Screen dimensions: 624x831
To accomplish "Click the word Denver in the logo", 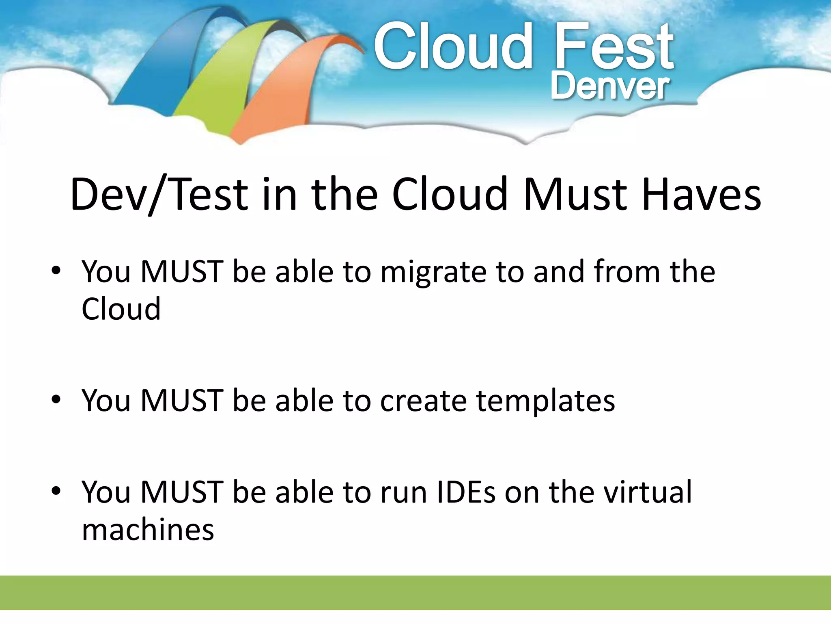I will click(609, 87).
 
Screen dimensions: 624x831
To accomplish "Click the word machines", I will click(148, 530).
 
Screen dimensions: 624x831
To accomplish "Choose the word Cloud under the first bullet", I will click(121, 309).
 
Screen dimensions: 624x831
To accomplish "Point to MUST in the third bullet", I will click(182, 493).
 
